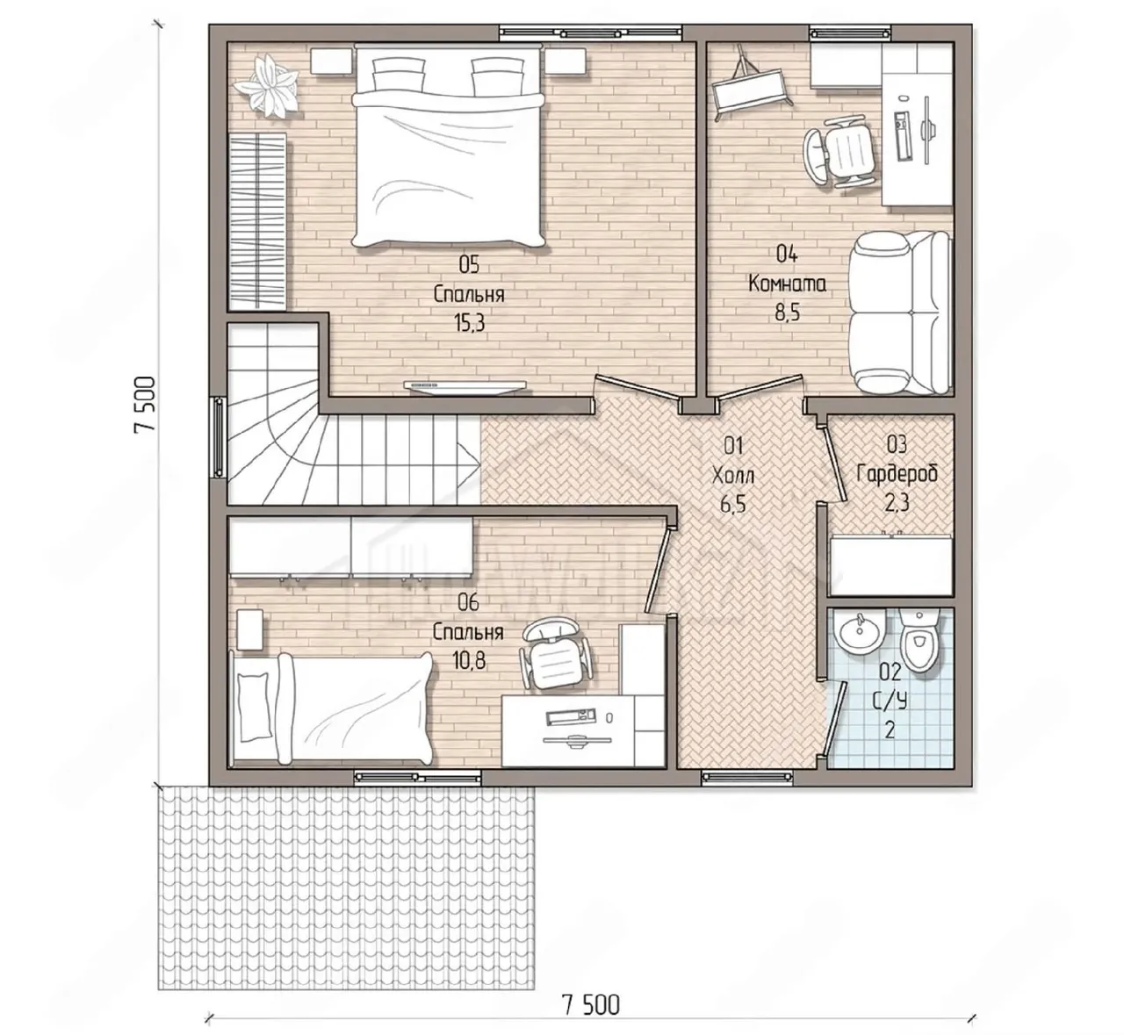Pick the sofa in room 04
[900, 313]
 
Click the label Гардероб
[897, 474]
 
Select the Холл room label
[733, 476]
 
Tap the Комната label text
[788, 284]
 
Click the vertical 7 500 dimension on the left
[143, 405]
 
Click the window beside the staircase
[218, 438]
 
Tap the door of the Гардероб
[834, 463]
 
